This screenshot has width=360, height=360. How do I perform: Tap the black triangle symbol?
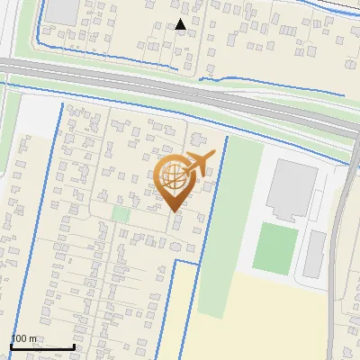180,24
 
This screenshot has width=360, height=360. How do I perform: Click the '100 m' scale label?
24,338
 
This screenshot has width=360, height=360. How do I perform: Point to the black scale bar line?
41,346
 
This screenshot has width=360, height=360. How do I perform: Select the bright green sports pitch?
275,248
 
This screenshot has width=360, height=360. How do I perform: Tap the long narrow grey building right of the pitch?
314,254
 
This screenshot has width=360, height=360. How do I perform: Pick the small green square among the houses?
121,213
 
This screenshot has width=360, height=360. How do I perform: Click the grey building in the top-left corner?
63,10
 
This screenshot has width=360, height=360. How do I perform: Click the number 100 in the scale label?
19,338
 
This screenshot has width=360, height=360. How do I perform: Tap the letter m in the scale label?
33,338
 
